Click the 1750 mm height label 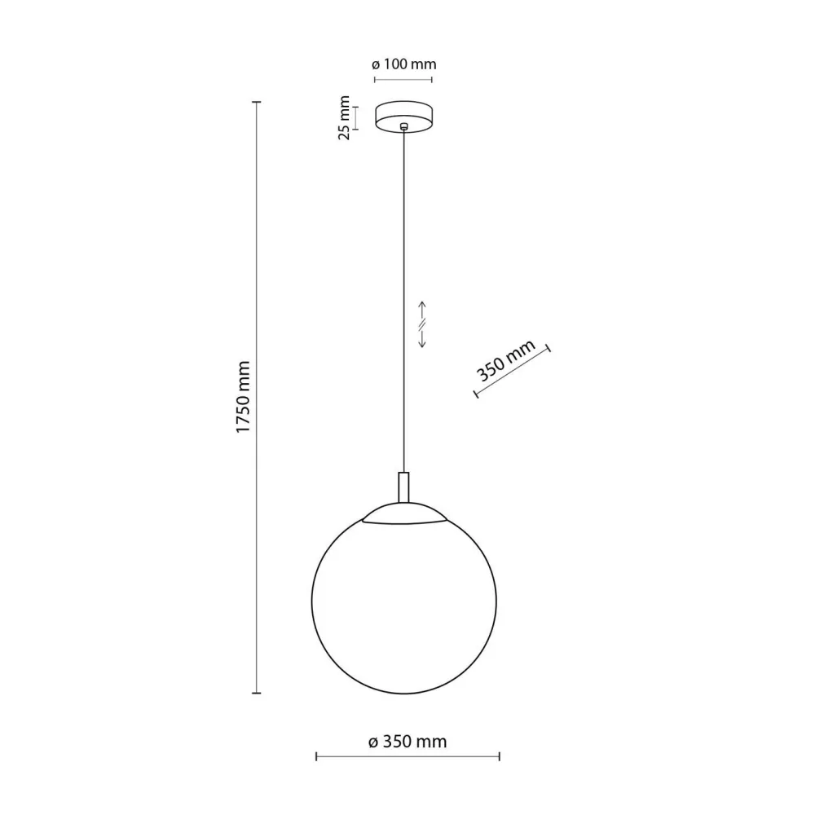(x=242, y=397)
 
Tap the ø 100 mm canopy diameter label (x=403, y=64)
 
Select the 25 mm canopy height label (x=345, y=118)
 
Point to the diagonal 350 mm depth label (x=506, y=361)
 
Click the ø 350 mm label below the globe (x=407, y=742)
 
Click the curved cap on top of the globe (x=405, y=514)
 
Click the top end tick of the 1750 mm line (x=257, y=102)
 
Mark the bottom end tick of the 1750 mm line (x=257, y=694)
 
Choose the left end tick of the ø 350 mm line (x=316, y=757)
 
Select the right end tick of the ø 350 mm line (x=500, y=757)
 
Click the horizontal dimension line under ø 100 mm (x=403, y=80)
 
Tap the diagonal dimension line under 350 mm (x=513, y=372)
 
